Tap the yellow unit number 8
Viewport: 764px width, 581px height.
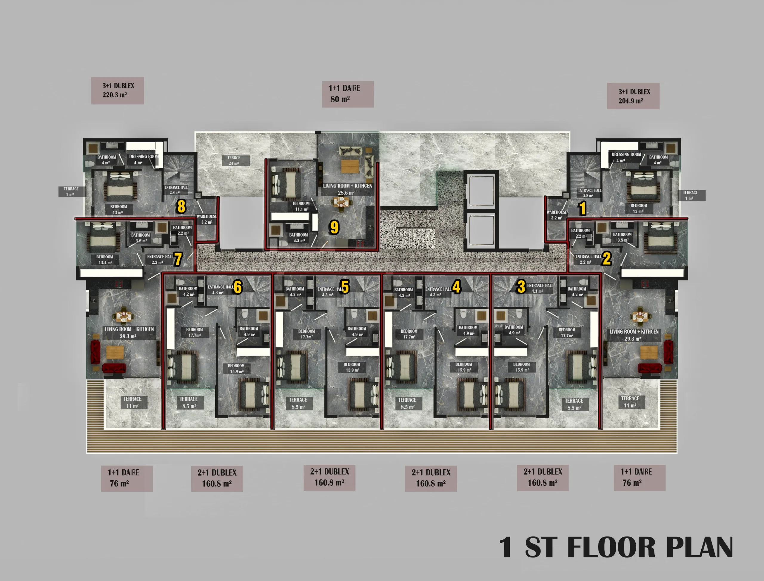pyautogui.click(x=181, y=206)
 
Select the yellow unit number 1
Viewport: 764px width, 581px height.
pyautogui.click(x=582, y=208)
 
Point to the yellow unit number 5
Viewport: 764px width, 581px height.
pyautogui.click(x=345, y=287)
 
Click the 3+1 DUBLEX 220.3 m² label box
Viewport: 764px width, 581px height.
pyautogui.click(x=117, y=91)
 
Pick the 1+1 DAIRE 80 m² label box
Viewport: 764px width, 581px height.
pyautogui.click(x=348, y=94)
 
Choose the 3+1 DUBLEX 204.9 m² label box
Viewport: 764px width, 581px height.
pyautogui.click(x=633, y=96)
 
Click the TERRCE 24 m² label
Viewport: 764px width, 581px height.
pyautogui.click(x=234, y=160)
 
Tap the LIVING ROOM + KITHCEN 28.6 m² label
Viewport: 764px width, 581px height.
pyautogui.click(x=347, y=189)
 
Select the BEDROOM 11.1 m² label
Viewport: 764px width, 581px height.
pyautogui.click(x=301, y=206)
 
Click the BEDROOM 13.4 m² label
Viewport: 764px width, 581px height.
pyautogui.click(x=105, y=260)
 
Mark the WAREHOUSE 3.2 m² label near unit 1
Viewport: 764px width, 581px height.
pyautogui.click(x=556, y=215)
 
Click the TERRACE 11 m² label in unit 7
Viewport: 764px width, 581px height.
pyautogui.click(x=132, y=402)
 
